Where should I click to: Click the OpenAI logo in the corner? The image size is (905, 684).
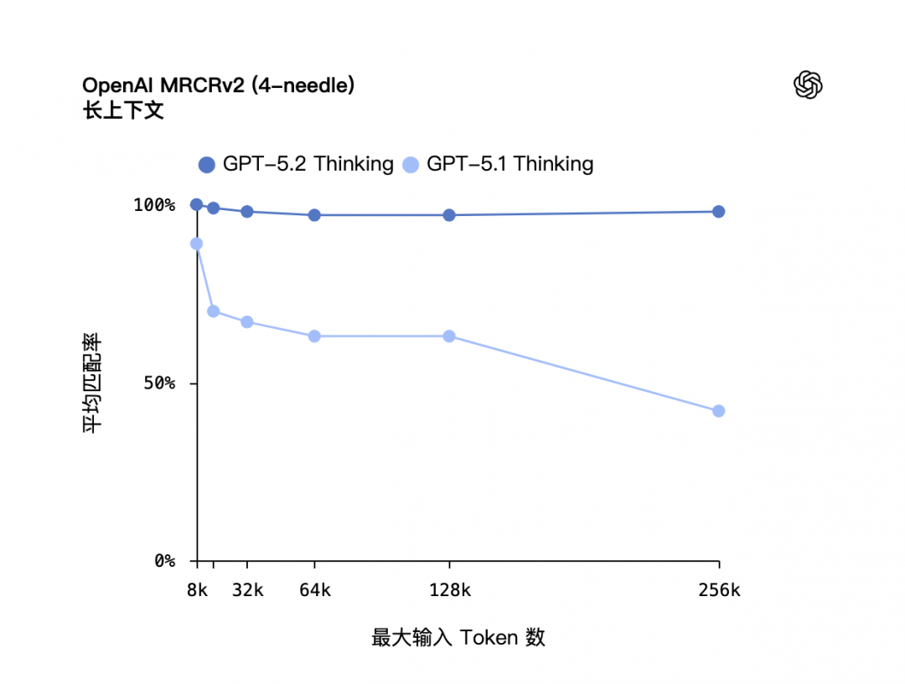coord(808,85)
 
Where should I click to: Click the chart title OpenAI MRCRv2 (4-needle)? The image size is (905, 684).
coord(218,85)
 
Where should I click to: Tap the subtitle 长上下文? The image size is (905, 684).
coord(123,110)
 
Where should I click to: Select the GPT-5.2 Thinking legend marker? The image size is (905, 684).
coord(207,165)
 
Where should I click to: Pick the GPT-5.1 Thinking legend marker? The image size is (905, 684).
coord(411,165)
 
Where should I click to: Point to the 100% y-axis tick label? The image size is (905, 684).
coord(154,205)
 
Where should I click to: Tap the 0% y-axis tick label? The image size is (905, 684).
coord(163,561)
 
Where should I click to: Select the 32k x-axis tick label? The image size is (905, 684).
coord(247,590)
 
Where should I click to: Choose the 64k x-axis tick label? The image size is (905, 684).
coord(314,590)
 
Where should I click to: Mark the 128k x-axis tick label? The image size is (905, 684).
coord(449,590)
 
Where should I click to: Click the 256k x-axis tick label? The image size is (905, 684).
coord(718,590)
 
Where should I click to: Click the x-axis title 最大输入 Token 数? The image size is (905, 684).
coord(458,638)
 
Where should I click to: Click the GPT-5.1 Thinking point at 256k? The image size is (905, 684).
coord(718,411)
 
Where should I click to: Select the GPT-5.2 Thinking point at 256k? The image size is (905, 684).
coord(718,212)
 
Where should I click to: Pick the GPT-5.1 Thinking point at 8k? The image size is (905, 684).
coord(197,244)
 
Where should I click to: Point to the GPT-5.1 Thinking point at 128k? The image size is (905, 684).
coord(449,337)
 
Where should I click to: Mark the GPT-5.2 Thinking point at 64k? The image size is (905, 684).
coord(314,215)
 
